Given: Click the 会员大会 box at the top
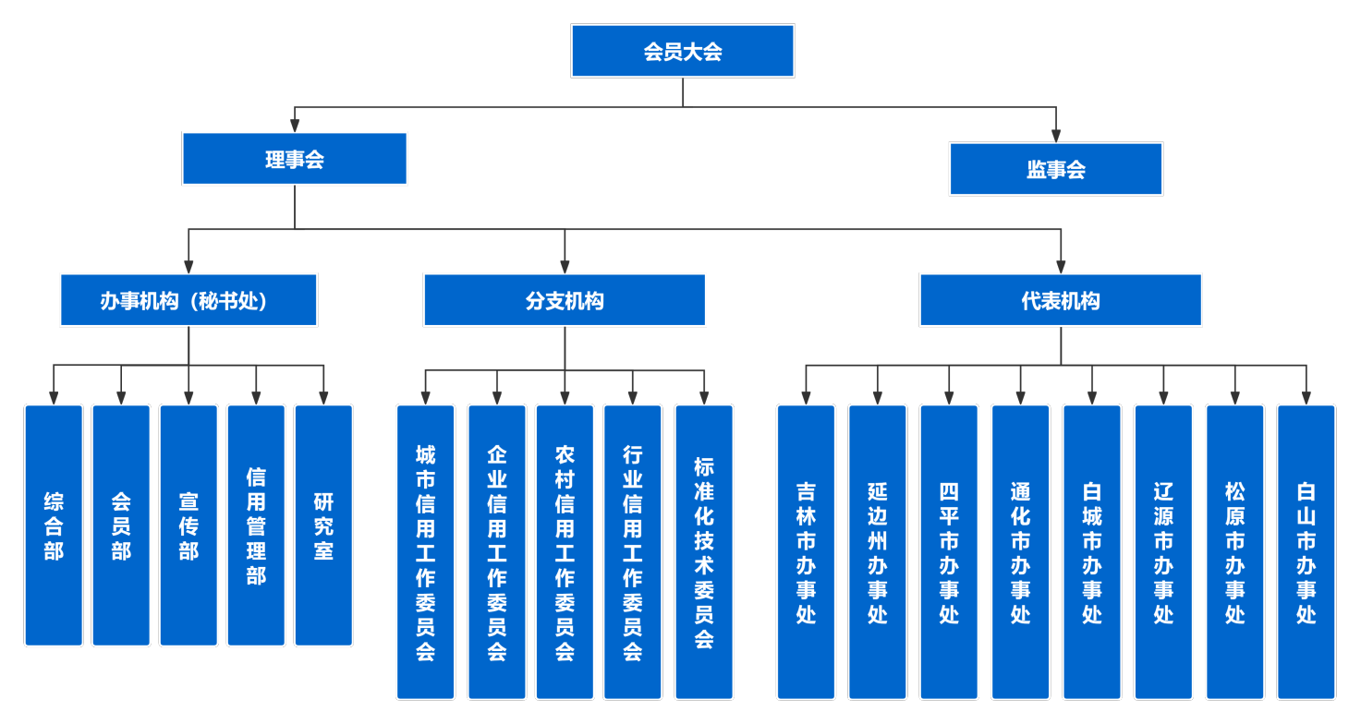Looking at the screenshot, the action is (682, 51).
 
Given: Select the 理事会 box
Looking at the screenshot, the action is (295, 159).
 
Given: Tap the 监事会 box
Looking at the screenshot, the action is (1056, 169).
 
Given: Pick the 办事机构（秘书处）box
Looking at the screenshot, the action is (188, 300).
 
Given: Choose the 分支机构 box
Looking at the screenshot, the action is (565, 300).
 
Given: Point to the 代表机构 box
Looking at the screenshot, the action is (1061, 300).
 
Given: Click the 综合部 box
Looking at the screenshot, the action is (54, 525).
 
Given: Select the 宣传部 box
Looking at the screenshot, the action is (188, 525).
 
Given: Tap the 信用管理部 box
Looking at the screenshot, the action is (256, 525).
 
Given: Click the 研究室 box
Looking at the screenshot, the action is (323, 525).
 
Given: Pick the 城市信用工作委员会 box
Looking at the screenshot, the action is (425, 552).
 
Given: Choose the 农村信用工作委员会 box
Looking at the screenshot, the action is (565, 552).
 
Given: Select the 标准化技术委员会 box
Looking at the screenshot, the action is (704, 552).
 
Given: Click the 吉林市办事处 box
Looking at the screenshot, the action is (807, 552).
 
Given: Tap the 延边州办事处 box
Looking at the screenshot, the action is (878, 552).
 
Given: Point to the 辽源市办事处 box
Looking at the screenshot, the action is (1163, 552).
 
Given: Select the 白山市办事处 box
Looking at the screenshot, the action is (1306, 552).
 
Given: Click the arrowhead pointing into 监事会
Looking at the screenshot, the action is (1056, 136).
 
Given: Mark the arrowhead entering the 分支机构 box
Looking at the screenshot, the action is (565, 267).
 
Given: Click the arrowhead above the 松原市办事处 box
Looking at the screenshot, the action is (1234, 398).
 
